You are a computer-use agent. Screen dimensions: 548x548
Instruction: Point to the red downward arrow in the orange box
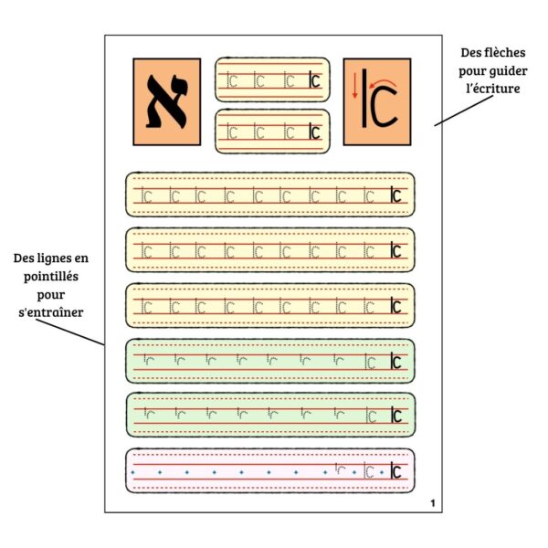pos(355,88)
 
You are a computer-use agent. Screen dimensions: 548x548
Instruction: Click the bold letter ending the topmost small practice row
pos(314,80)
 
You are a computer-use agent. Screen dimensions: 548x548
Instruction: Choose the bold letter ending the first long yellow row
pos(395,195)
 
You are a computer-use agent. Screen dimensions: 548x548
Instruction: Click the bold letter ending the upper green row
pos(395,362)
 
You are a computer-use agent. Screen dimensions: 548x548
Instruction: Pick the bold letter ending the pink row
pos(395,472)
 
